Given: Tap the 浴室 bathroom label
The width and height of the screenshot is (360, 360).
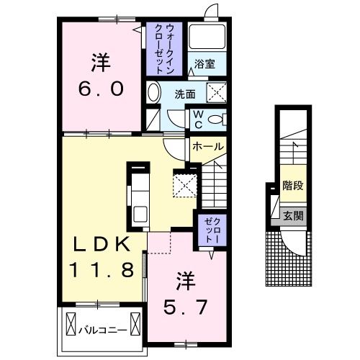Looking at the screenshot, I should tap(204, 63).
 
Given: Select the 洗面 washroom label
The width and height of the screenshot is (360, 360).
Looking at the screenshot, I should tap(186, 93).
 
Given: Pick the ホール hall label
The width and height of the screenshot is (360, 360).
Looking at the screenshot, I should tap(207, 146).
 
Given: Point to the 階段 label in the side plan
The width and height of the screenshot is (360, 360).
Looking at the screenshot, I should tap(292, 185).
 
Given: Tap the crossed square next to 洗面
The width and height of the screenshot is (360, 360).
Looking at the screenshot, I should tap(215, 92).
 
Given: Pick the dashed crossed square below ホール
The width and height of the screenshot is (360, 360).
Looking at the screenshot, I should tap(184, 185).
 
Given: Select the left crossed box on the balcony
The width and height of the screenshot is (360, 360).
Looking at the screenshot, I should tap(71, 321).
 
